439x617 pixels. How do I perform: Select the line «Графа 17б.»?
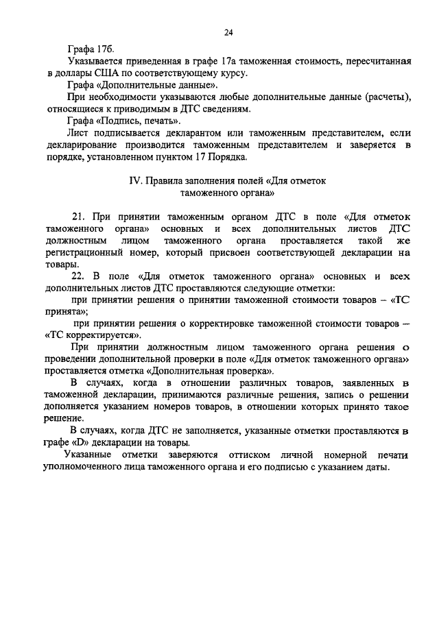pyautogui.click(x=93, y=50)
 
